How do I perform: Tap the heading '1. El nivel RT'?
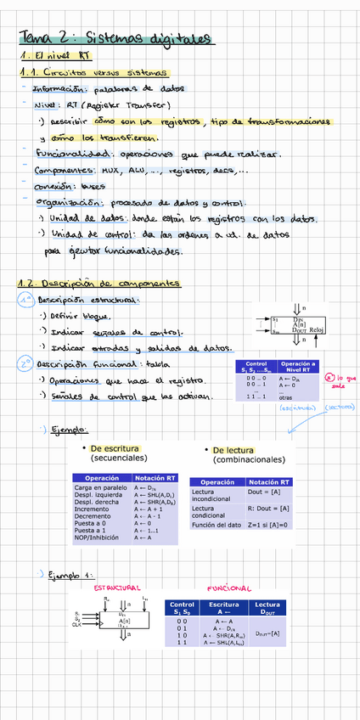47,56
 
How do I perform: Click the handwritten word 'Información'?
59,88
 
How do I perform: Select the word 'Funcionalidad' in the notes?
71,154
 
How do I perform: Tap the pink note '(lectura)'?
338,408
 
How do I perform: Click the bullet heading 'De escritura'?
114,448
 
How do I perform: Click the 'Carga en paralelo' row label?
100,489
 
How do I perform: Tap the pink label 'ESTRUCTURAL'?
117,588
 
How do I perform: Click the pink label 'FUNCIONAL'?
228,588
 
